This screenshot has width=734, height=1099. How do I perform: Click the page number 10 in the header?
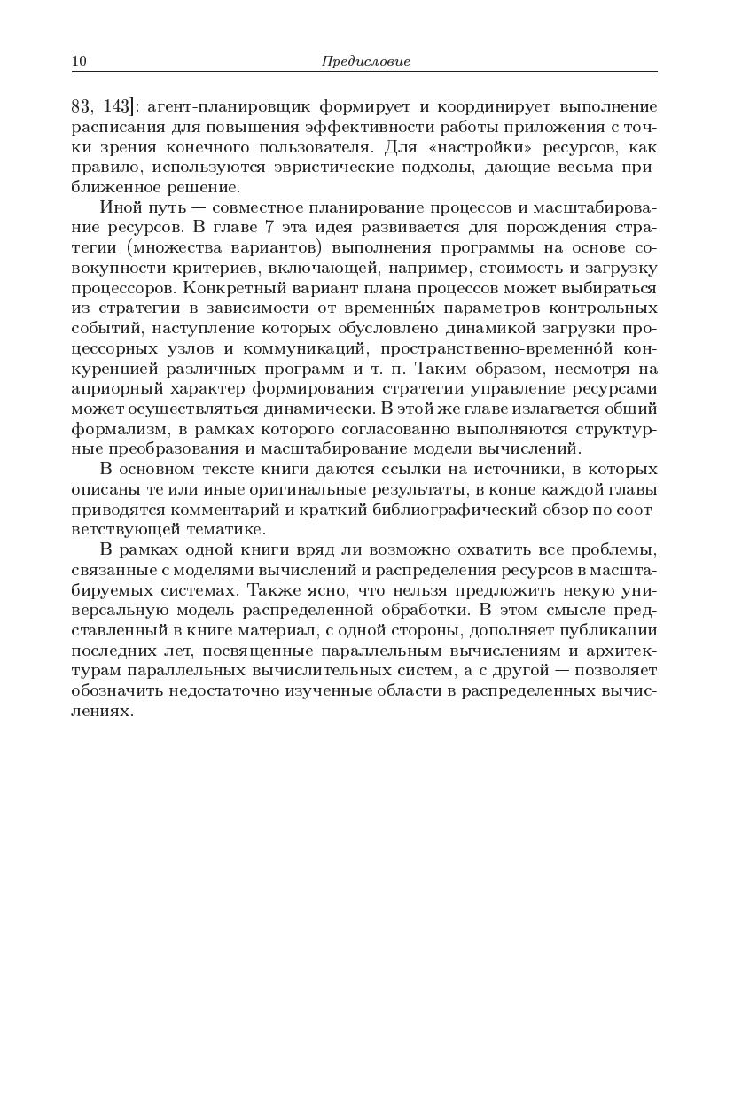click(78, 61)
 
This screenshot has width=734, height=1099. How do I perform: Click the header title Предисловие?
click(365, 61)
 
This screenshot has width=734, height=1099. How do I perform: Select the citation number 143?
click(116, 106)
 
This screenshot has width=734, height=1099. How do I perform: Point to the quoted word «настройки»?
click(465, 147)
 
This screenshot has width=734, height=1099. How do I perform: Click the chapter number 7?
click(269, 228)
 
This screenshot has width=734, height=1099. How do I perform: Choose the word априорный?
click(112, 388)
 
